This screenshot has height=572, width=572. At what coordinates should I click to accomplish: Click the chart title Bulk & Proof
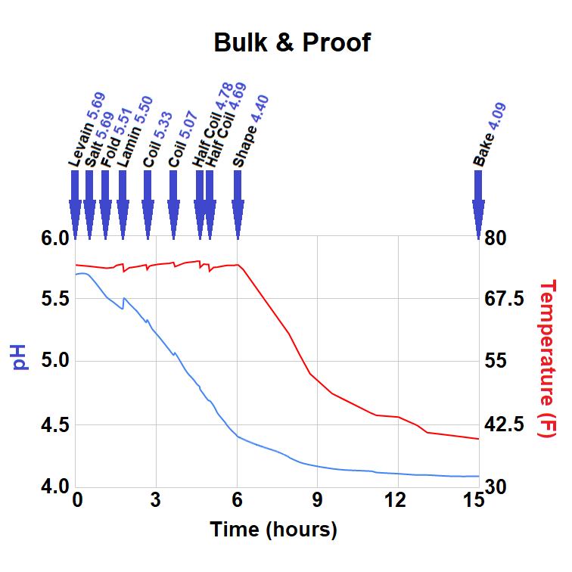292,42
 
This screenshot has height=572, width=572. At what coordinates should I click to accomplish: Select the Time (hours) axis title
273,529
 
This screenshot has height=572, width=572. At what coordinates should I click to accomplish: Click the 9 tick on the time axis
317,500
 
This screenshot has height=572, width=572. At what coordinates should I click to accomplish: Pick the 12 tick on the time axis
396,500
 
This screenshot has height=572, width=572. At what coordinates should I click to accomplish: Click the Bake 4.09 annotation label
490,135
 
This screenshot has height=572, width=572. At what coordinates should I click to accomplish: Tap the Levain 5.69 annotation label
86,129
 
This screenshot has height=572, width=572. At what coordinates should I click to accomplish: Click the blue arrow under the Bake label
478,204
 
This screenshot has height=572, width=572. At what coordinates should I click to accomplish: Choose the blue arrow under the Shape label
238,204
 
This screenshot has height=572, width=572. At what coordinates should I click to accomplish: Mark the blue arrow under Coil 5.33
148,204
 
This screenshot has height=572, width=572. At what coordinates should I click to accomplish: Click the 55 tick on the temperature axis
499,362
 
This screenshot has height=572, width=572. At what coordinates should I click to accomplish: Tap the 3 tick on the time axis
156,500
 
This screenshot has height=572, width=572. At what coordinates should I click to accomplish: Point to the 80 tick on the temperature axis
499,238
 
